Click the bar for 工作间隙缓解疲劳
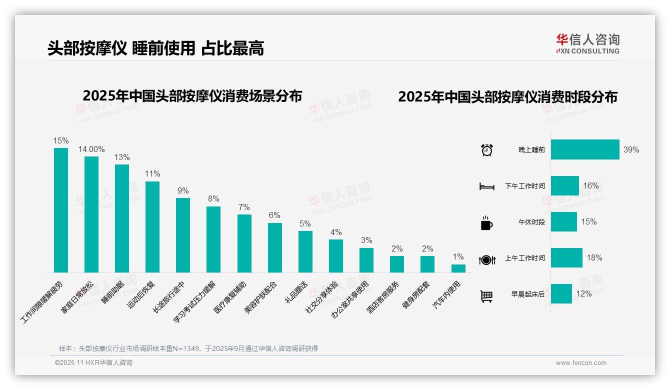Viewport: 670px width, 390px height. [61, 210]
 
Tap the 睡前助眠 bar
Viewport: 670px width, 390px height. [122, 218]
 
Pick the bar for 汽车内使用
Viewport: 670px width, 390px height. [458, 268]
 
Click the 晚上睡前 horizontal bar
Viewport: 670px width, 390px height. [585, 149]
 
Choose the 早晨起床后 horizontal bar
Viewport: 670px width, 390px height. [561, 293]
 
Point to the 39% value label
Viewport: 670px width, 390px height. [631, 149]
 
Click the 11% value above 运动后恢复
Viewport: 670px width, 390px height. [152, 174]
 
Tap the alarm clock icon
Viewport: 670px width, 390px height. [487, 150]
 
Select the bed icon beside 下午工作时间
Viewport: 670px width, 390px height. [487, 186]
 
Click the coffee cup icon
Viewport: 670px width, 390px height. [487, 222]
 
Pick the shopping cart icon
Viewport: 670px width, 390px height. [487, 296]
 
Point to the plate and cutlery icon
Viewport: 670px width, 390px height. [487, 259]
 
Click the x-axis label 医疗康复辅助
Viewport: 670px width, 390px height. [230, 297]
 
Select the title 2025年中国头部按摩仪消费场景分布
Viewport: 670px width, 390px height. [192, 96]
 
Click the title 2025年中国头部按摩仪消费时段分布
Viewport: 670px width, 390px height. [507, 97]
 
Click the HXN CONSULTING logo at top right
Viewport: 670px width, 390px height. [587, 44]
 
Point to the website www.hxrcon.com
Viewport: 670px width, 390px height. [581, 363]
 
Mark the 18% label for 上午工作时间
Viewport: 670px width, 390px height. [594, 258]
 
